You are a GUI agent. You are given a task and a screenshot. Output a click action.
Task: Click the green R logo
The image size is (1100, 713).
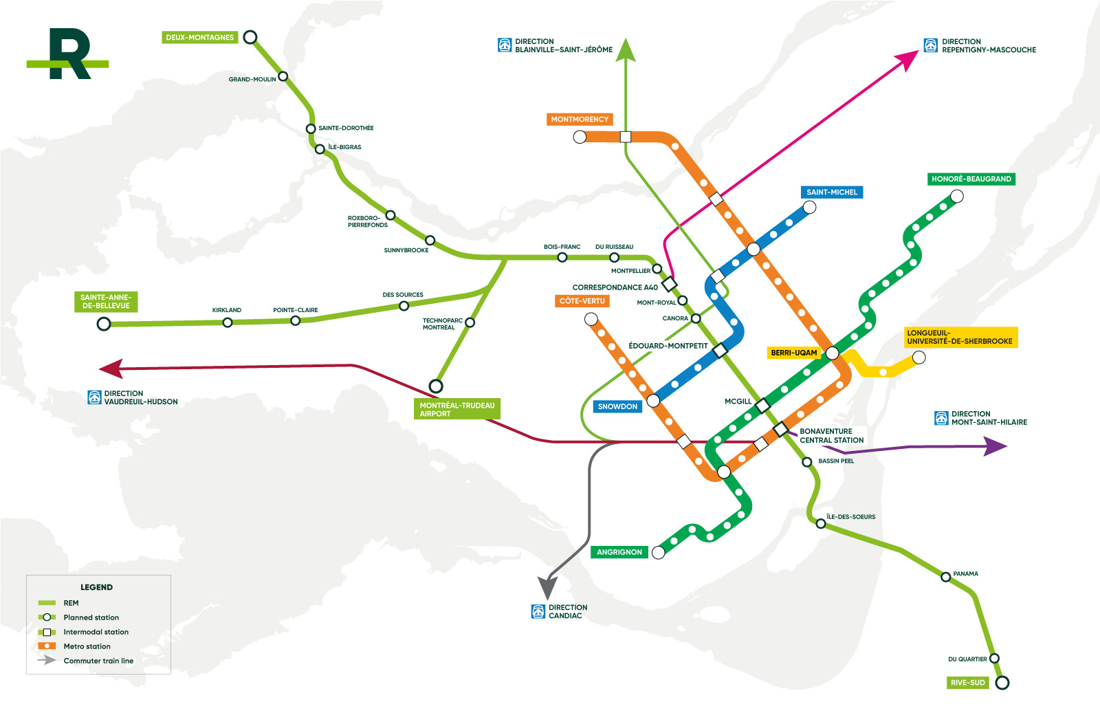68,54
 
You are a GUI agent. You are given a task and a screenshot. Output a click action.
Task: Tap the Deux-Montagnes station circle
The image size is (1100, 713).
251,37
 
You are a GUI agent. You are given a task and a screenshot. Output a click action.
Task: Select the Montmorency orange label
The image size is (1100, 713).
580,120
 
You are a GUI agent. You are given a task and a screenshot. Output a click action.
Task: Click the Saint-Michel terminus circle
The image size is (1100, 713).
809,207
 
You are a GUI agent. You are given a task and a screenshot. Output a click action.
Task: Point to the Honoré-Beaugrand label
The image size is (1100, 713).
971,179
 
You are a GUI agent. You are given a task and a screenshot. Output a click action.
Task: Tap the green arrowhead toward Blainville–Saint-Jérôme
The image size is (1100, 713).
626,51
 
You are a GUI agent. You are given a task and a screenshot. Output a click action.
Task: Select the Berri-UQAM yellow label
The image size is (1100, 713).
793,353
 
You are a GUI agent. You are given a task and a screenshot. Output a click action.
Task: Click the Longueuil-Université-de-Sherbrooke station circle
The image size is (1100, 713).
918,358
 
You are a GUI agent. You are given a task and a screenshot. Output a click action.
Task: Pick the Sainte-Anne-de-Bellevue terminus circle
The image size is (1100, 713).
104,323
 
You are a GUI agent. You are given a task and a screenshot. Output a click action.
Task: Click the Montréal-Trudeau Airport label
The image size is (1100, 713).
456,409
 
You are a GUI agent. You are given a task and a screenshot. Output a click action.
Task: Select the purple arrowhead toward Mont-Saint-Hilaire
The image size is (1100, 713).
995,446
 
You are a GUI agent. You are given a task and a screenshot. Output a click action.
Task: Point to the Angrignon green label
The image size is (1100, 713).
619,552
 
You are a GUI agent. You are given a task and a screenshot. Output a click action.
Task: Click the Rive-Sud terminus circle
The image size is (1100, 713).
1002,683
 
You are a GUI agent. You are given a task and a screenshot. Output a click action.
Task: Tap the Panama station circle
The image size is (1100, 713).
946,577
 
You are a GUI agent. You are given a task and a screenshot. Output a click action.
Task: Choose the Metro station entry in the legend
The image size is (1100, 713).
87,646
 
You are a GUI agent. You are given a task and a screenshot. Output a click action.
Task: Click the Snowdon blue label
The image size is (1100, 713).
617,406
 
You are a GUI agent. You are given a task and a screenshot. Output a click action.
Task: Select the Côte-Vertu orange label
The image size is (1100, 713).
582,301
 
